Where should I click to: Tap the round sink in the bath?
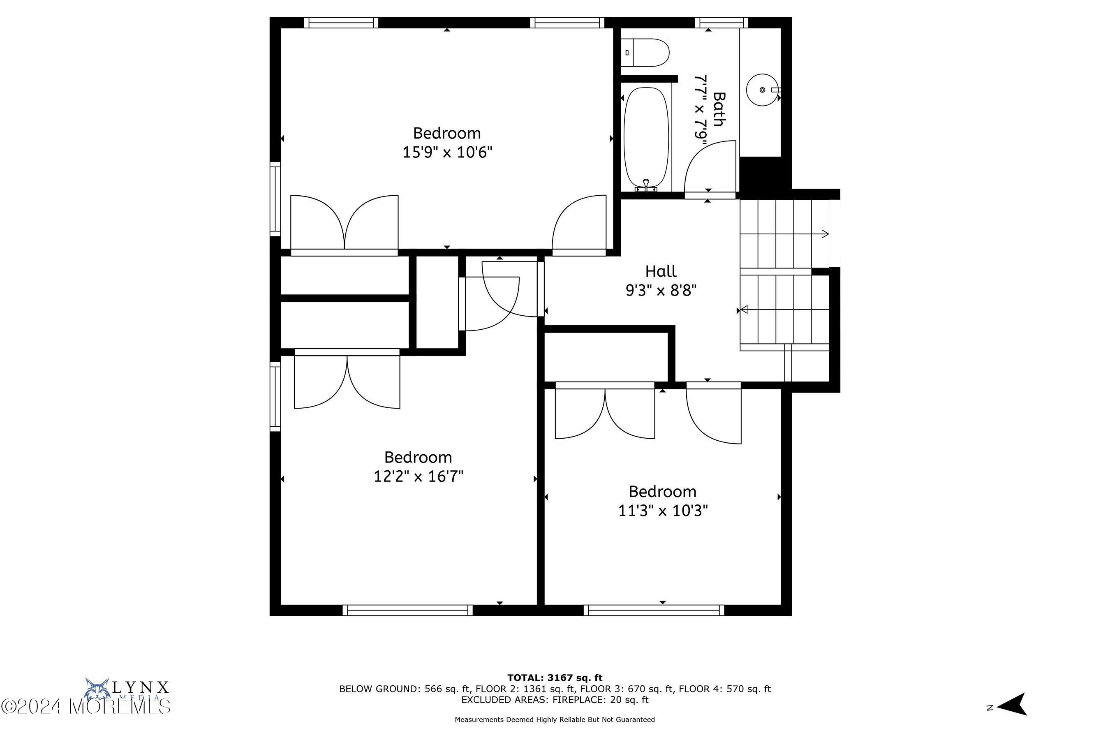coord(762,90)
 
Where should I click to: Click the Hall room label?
coord(661,271)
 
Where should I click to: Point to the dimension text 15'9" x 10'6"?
coord(447,153)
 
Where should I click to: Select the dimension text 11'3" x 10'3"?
coord(663,511)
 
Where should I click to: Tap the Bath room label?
coord(718,109)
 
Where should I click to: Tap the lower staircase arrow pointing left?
coord(744,310)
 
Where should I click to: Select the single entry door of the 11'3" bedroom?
coord(714,415)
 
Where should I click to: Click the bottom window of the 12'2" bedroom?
coord(407,610)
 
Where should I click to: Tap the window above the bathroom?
coord(721,22)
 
